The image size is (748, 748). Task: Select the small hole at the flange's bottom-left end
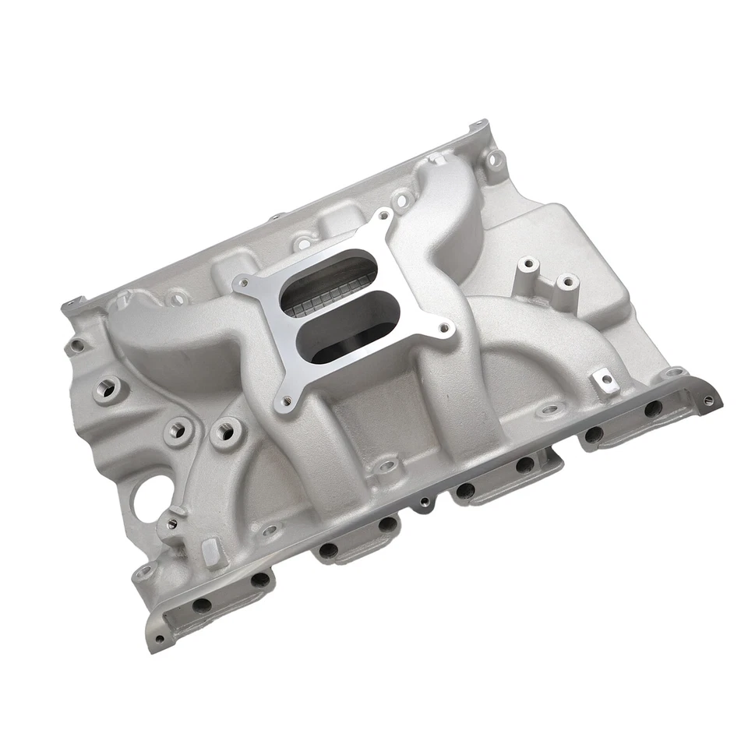(159, 639)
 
